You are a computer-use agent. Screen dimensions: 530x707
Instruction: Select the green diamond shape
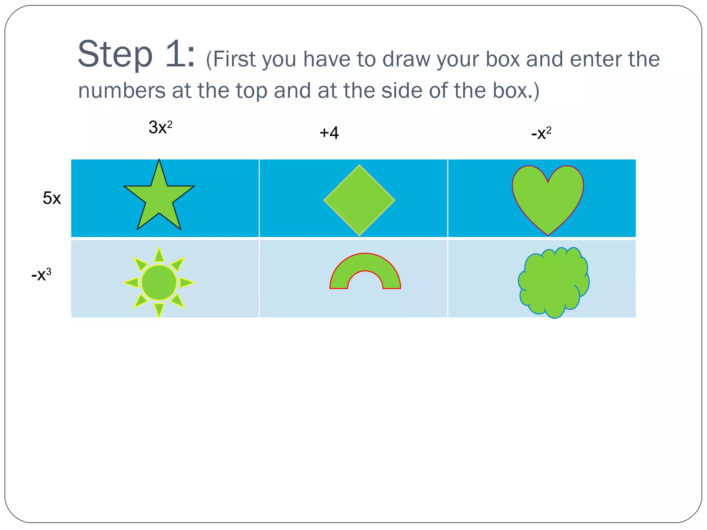359,200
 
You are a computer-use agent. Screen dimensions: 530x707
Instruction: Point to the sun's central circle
159,283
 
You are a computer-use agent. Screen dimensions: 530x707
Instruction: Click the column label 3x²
160,127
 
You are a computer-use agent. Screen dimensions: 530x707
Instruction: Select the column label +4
329,133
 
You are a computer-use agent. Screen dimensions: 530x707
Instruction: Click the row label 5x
52,198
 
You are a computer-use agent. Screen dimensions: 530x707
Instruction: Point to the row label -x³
41,275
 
